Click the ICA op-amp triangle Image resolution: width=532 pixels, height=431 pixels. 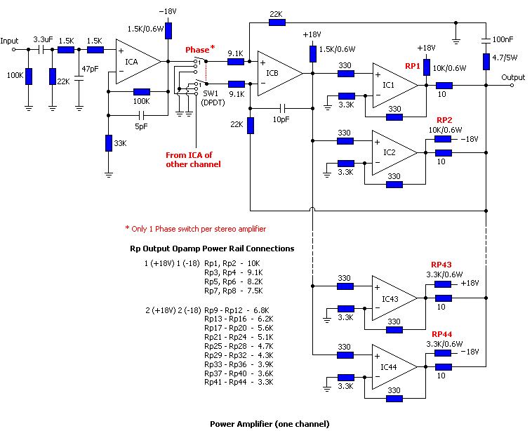point(135,62)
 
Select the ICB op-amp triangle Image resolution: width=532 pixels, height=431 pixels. point(275,72)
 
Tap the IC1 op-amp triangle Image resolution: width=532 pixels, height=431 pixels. point(392,85)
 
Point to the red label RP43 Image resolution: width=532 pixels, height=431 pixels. point(441,265)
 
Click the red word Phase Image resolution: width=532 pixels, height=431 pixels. point(197,51)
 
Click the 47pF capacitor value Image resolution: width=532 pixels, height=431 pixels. point(91,69)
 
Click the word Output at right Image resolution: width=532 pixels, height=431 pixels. point(513,77)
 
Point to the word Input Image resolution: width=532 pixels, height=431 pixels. point(11,40)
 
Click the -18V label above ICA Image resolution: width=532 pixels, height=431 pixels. point(168,12)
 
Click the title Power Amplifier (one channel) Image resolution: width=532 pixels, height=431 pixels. point(269,423)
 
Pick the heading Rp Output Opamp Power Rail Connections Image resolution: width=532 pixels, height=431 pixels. point(212,248)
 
